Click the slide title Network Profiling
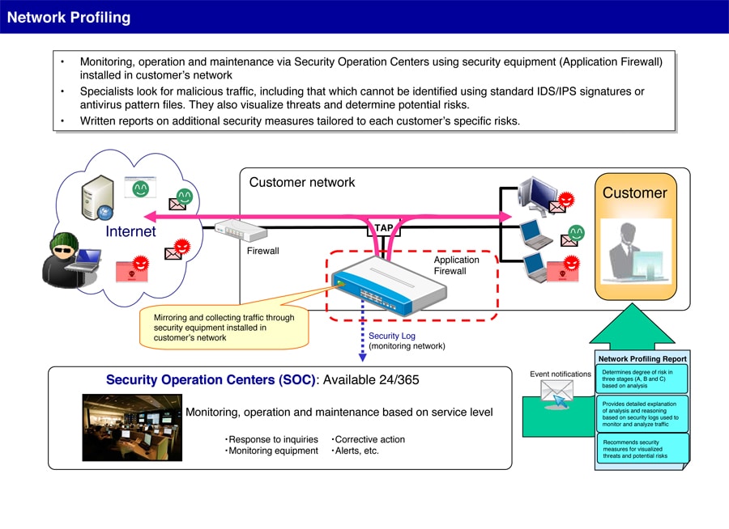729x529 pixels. tap(69, 17)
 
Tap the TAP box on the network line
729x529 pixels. tap(383, 228)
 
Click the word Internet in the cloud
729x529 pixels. tap(130, 232)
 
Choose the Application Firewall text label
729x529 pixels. tap(456, 265)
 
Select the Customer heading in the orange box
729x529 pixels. tap(634, 193)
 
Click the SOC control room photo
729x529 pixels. tap(132, 427)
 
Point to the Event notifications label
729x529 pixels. tap(561, 374)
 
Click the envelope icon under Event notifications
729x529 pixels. tap(556, 393)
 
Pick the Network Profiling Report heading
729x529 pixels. tap(642, 358)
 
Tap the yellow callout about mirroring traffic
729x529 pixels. tap(224, 328)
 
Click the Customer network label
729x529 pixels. tap(302, 183)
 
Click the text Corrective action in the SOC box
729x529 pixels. tap(369, 439)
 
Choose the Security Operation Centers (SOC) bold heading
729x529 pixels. tap(211, 380)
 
